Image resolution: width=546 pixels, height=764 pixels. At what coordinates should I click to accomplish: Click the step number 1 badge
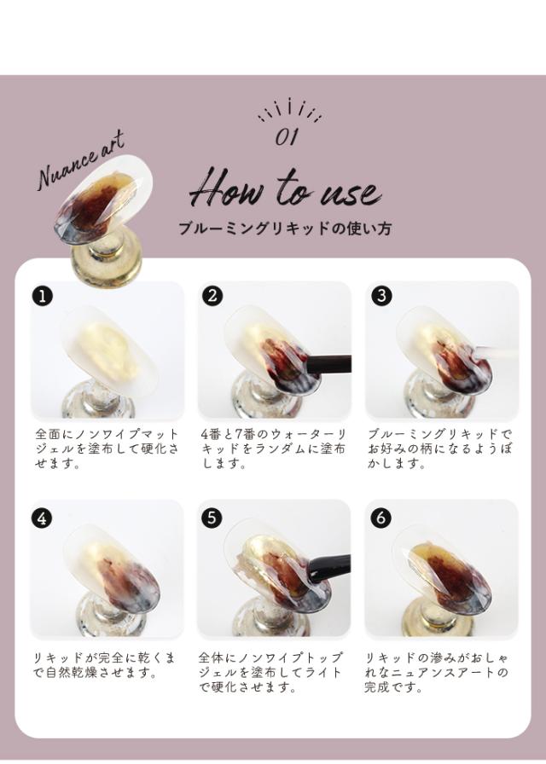pyautogui.click(x=43, y=296)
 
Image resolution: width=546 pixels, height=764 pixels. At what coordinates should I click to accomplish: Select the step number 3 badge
pyautogui.click(x=381, y=296)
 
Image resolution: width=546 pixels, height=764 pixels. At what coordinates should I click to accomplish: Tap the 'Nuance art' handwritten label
pyautogui.click(x=80, y=159)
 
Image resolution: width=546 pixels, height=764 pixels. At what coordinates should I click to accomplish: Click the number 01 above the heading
pyautogui.click(x=287, y=136)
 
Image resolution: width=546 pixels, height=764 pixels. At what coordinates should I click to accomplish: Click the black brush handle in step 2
pyautogui.click(x=328, y=364)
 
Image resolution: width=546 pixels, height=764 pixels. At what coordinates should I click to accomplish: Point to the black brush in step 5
pyautogui.click(x=329, y=567)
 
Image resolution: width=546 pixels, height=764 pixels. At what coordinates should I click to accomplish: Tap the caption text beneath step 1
pyautogui.click(x=107, y=449)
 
